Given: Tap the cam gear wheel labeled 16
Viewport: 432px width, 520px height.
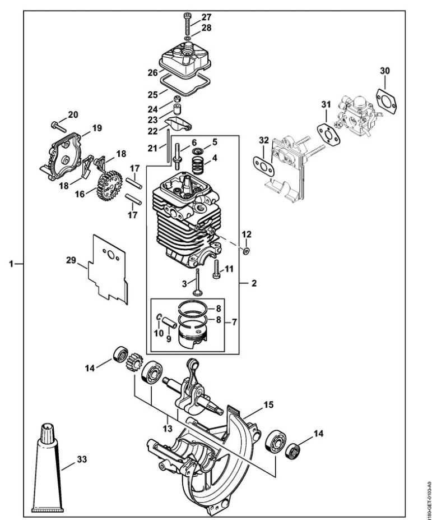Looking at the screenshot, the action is (109, 186).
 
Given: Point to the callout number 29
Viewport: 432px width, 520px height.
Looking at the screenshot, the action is (71, 260).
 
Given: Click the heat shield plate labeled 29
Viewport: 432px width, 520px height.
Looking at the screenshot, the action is (108, 269).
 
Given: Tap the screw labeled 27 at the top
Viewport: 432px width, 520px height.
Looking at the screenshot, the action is (188, 22).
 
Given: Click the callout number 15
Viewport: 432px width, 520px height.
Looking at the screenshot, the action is (268, 404).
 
